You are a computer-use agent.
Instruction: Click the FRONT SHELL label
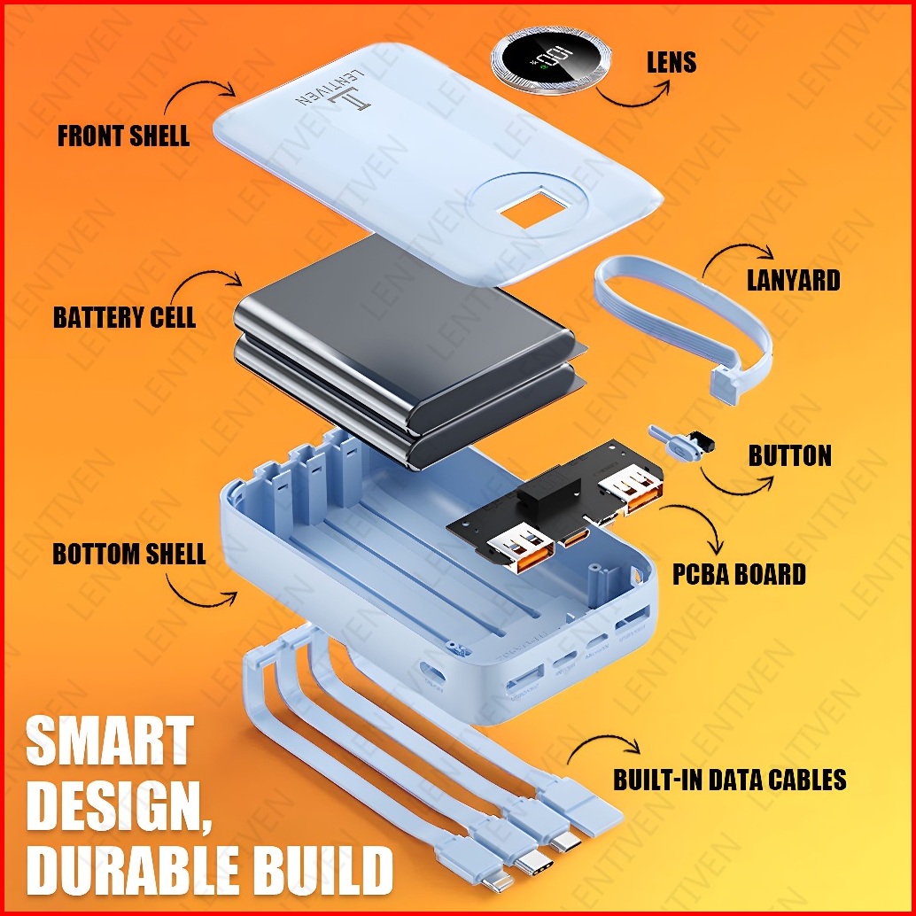click(123, 136)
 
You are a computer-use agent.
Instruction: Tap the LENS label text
click(671, 62)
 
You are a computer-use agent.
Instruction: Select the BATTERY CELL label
click(124, 317)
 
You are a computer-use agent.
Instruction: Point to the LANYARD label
click(793, 281)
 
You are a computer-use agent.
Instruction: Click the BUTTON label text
click(789, 456)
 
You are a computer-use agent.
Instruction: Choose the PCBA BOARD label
click(739, 574)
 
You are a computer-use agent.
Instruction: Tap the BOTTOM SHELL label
click(129, 555)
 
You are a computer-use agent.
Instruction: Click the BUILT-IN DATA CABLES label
click(730, 780)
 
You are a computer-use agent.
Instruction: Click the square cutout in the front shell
click(524, 210)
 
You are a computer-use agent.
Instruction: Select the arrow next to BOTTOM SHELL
click(199, 593)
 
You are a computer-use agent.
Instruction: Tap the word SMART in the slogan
click(109, 742)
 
